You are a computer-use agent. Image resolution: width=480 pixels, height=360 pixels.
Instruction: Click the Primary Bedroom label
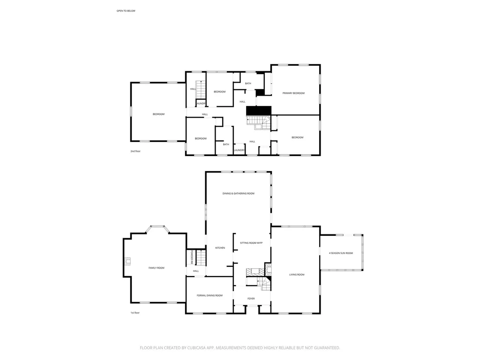(x=293, y=93)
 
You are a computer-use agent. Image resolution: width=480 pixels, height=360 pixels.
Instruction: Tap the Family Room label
(x=157, y=268)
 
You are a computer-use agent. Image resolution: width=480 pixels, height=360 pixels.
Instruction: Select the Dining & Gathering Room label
(x=238, y=194)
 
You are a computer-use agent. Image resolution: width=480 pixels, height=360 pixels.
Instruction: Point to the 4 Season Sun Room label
(x=341, y=253)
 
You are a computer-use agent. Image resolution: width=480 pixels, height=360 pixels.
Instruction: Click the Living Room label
(x=297, y=275)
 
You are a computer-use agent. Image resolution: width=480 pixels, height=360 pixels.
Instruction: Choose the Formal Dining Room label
(x=210, y=295)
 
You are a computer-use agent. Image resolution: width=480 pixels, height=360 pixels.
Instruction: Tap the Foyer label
(x=251, y=299)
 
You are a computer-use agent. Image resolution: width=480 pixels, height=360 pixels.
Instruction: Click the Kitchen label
(x=220, y=248)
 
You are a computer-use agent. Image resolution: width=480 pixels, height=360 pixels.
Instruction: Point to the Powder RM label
(x=192, y=257)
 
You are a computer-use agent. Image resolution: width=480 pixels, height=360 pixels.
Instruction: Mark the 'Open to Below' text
(x=126, y=10)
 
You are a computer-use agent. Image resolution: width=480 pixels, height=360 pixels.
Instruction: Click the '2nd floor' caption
(x=135, y=151)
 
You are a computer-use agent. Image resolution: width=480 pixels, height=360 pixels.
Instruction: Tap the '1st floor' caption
(x=135, y=313)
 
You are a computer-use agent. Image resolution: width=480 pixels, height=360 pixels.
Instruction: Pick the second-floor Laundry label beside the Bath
(x=239, y=150)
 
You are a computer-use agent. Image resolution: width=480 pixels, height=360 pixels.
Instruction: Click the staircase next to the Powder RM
(x=201, y=257)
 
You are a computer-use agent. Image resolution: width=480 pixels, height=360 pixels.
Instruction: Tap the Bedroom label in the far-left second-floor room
(x=158, y=114)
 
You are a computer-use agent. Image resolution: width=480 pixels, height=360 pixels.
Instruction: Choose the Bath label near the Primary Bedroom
(x=248, y=83)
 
